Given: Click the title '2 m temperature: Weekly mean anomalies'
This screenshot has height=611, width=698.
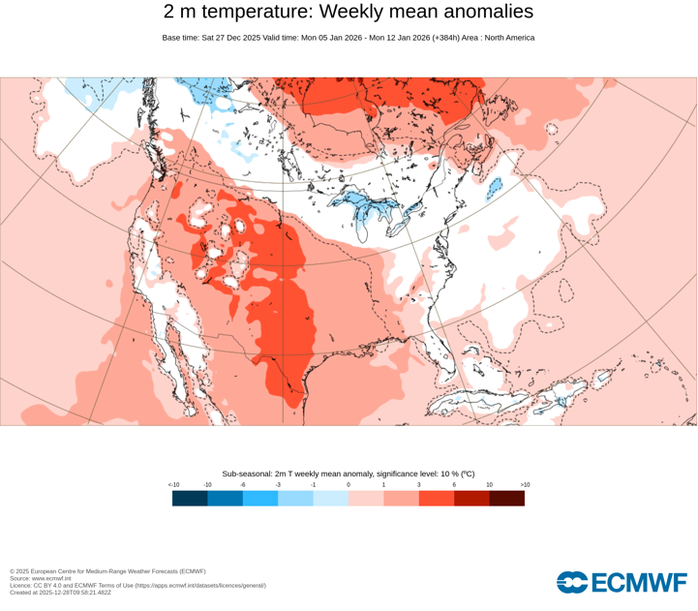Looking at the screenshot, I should [x=349, y=13].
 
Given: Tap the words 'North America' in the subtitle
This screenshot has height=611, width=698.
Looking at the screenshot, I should [x=508, y=38].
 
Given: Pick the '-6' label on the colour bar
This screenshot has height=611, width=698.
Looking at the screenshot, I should [x=243, y=485].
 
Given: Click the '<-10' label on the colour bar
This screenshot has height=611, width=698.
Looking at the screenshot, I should [x=174, y=485].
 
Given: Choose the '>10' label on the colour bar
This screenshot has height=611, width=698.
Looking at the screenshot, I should [x=525, y=485].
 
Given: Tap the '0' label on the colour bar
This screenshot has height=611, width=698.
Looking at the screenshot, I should [x=349, y=485].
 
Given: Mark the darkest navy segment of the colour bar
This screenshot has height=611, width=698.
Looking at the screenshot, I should [x=190, y=499].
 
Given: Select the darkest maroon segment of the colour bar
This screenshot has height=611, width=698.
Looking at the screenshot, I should [x=507, y=499].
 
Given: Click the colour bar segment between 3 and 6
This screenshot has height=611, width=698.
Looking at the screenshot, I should [x=437, y=499].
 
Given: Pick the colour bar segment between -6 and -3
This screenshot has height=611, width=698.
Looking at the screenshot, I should [x=260, y=499].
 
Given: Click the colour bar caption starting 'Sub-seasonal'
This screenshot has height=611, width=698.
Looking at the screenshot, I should [x=349, y=474].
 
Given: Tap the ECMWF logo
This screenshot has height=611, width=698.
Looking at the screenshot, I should [x=622, y=582].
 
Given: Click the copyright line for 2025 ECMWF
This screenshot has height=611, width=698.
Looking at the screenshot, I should [x=107, y=571].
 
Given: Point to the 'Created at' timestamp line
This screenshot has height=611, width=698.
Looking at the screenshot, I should [x=60, y=593].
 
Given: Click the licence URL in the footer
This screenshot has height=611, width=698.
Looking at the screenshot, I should [x=199, y=586].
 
